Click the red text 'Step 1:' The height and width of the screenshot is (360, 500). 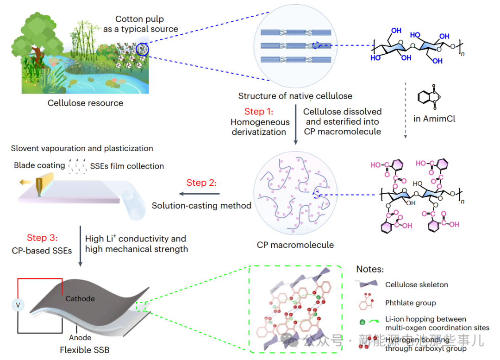pos(259,112)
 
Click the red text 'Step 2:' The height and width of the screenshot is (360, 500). pos(201,183)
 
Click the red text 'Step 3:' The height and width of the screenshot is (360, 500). pos(42,238)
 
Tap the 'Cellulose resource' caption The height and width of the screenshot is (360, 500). pos(85,103)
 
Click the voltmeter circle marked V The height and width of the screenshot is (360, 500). pos(18,305)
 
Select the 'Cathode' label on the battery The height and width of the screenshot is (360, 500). pos(80,299)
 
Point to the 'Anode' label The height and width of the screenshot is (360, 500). pos(80,338)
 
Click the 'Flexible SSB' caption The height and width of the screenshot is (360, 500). pos(85,350)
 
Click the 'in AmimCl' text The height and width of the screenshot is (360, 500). pos(434,119)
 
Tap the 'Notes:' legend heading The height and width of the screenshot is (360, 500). pos(370,269)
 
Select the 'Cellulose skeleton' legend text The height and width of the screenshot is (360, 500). pos(417,285)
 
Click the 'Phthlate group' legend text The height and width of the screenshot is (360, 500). pos(411,303)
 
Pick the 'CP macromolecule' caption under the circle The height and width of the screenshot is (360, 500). pos(295,245)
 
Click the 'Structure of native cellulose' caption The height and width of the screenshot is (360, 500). pos(295,96)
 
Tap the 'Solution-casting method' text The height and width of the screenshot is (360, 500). pos(201,205)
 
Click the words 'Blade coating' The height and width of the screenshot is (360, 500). pos(39,165)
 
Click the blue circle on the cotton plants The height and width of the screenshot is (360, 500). pos(142,50)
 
